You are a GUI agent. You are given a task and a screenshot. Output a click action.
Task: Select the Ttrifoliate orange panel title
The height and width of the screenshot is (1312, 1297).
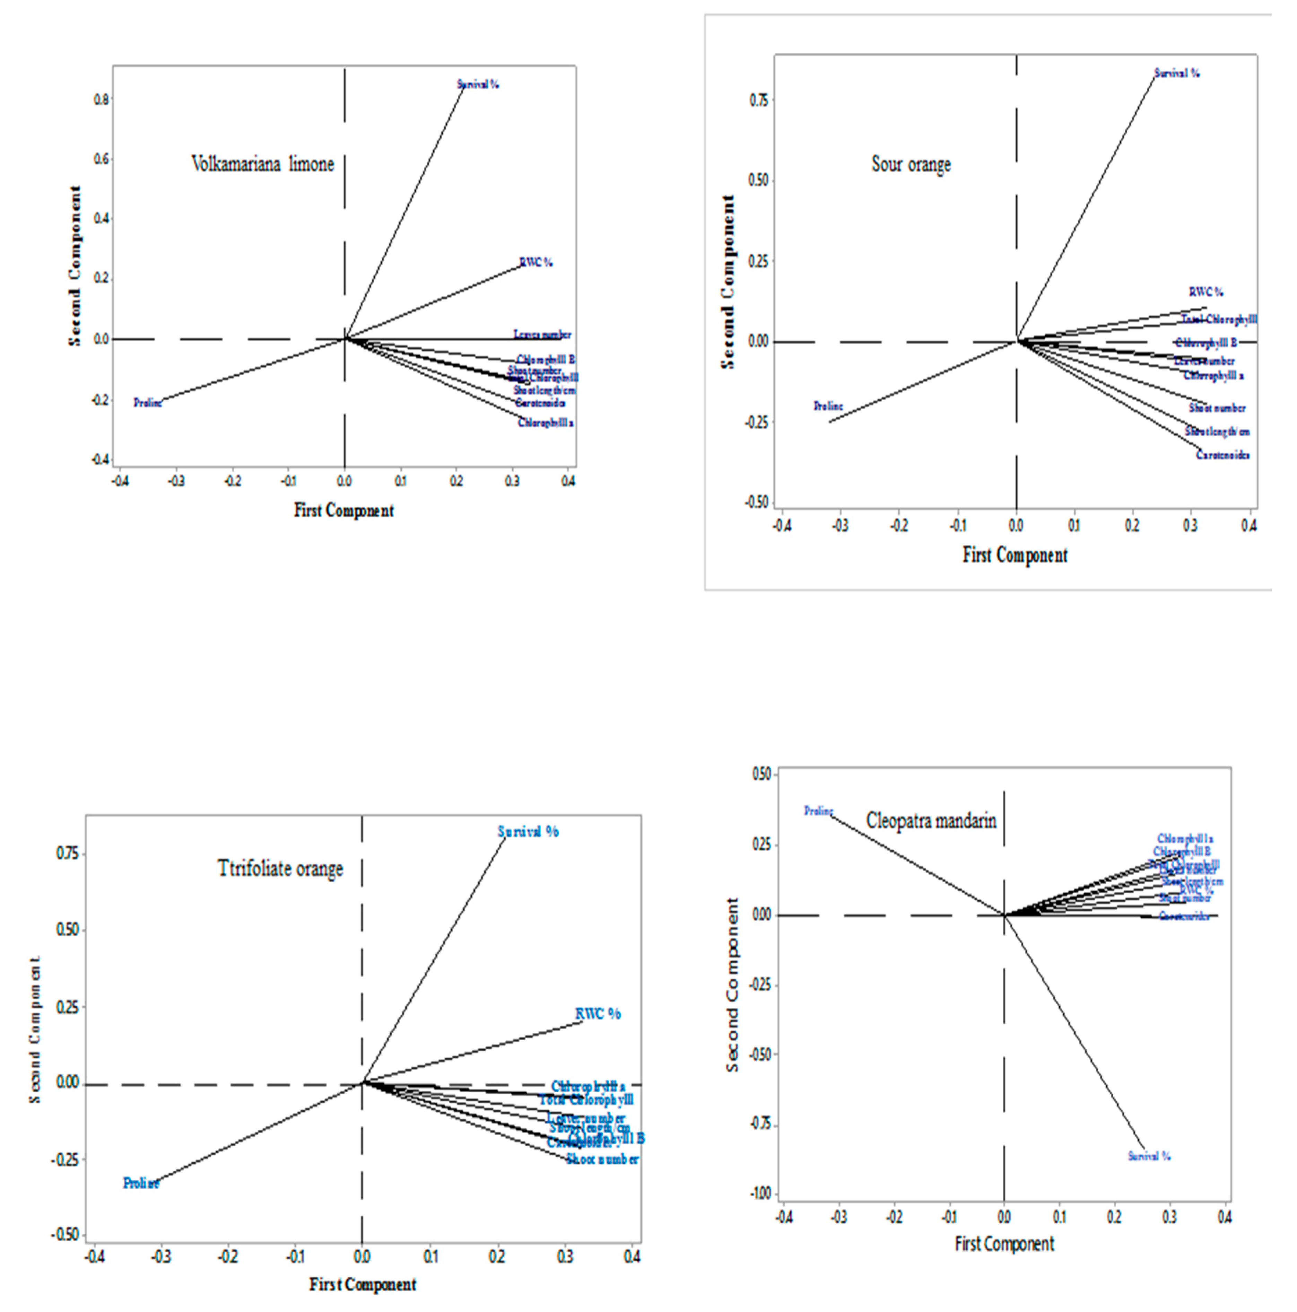click(x=280, y=868)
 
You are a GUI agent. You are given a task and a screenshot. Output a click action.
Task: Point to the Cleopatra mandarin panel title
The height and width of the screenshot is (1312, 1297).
click(x=931, y=820)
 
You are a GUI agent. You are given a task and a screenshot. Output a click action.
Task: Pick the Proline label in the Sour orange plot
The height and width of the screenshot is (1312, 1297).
click(x=828, y=406)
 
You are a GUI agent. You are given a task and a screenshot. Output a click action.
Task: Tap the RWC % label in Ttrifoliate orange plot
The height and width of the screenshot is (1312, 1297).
click(x=598, y=1014)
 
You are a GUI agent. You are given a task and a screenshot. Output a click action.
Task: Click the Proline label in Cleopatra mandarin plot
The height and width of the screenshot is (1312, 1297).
click(x=818, y=811)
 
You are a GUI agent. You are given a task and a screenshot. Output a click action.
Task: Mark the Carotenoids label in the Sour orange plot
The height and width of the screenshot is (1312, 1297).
click(x=1222, y=455)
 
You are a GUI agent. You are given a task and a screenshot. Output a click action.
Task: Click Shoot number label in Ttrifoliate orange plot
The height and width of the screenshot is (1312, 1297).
click(x=602, y=1159)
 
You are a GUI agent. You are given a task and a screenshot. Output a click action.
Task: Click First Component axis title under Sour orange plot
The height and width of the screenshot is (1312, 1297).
click(x=1015, y=555)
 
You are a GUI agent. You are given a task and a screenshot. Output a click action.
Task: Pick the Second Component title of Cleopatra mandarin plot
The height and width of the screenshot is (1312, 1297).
click(x=732, y=985)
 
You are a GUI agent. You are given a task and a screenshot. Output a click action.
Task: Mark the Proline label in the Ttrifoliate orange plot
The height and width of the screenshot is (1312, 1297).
click(x=141, y=1183)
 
